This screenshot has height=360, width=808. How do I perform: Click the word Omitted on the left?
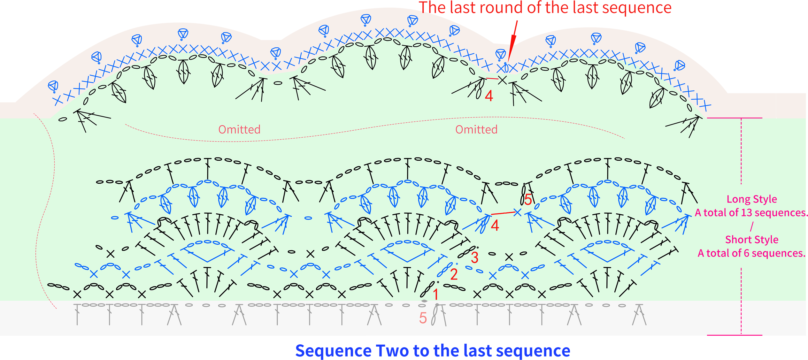click(239, 129)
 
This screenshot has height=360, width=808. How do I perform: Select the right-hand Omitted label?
click(476, 129)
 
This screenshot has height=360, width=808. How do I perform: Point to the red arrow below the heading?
click(512, 42)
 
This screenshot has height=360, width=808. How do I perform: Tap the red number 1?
click(435, 294)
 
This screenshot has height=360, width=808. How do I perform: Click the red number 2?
click(454, 274)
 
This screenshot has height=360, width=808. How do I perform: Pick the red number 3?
click(474, 257)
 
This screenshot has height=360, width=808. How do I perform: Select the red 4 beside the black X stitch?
click(489, 96)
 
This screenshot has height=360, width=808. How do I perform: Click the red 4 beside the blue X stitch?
click(495, 226)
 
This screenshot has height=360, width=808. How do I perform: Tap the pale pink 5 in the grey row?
click(423, 318)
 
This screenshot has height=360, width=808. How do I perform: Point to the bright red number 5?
click(528, 200)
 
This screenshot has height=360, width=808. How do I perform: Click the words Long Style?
click(752, 199)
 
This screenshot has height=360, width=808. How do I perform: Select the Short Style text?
click(752, 239)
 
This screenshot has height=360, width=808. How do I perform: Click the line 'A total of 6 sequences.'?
click(751, 253)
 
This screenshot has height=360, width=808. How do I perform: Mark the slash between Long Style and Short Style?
click(752, 226)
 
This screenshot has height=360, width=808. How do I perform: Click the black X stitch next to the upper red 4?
click(503, 80)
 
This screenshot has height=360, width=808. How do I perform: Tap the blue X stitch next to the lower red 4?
click(517, 212)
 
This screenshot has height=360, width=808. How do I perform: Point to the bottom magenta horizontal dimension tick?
click(735, 335)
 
